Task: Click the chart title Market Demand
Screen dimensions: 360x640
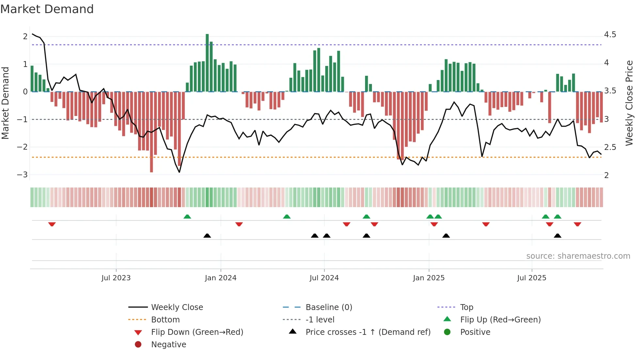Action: point(47,9)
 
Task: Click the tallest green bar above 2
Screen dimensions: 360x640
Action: point(207,62)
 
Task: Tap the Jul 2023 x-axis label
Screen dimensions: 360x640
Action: point(116,278)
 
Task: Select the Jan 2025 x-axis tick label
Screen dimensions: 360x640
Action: point(428,278)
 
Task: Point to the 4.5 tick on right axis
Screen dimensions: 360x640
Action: point(610,35)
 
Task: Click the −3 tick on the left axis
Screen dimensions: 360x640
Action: point(22,175)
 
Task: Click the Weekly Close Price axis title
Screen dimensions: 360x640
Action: point(629,103)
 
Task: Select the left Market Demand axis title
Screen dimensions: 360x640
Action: point(5,103)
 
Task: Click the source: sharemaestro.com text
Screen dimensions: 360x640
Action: point(578,256)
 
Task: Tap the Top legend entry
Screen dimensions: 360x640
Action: point(467,307)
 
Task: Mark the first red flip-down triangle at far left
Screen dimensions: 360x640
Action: point(52,224)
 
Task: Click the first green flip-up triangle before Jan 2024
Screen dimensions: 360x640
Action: point(187,217)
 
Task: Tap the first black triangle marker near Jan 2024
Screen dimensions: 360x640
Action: point(207,236)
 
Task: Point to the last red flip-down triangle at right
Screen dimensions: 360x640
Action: point(577,224)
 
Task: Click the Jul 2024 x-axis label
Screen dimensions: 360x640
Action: point(324,278)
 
